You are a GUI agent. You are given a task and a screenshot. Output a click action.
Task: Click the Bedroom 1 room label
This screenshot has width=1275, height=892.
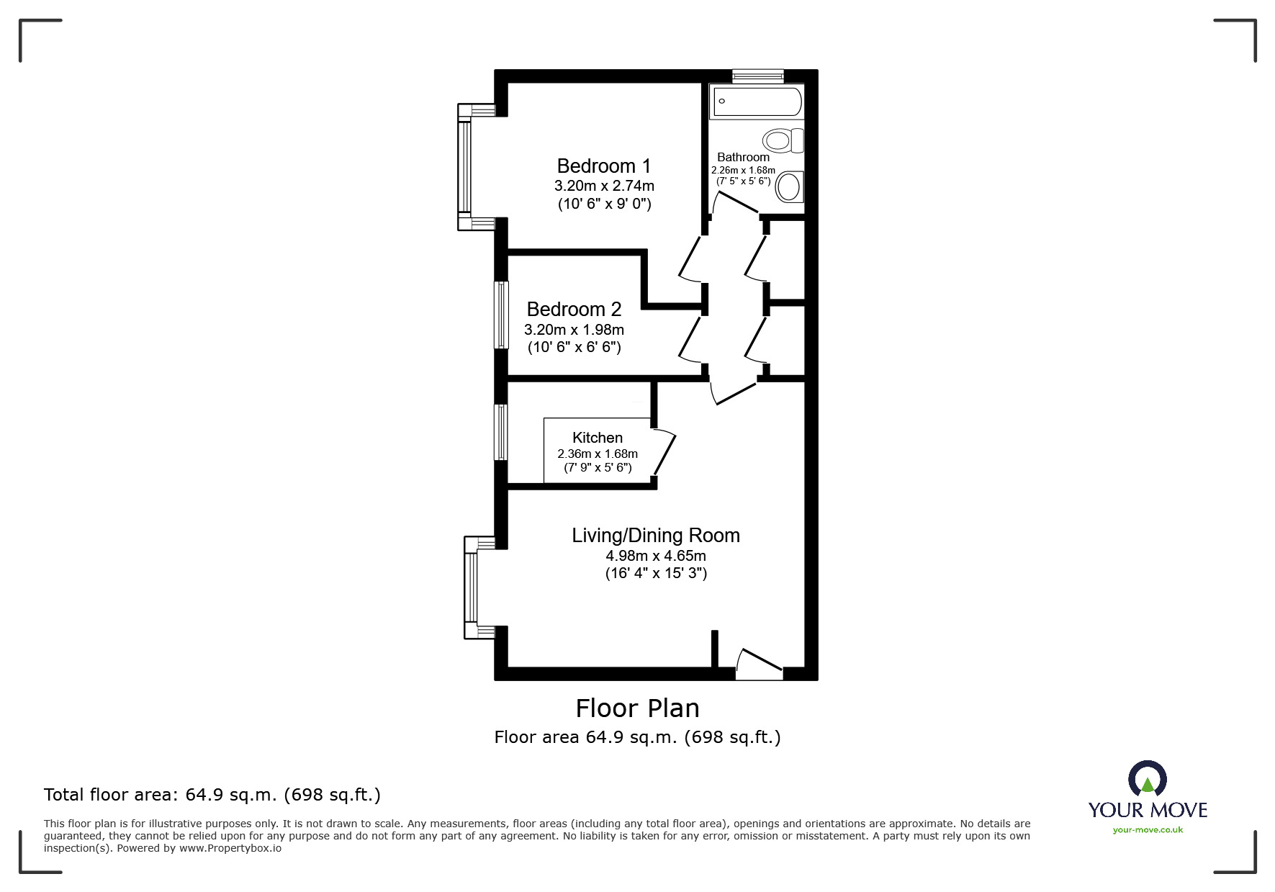(x=604, y=166)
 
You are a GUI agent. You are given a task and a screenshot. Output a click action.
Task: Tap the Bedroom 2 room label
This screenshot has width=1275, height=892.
(x=574, y=310)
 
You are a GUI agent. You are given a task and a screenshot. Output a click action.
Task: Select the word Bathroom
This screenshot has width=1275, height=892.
(x=743, y=157)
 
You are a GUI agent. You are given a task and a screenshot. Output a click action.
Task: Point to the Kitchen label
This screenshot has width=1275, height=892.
(x=598, y=438)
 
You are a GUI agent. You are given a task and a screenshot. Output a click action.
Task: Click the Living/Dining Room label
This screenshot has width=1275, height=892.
(x=656, y=536)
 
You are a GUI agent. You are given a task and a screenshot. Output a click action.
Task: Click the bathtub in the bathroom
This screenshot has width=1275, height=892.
(x=756, y=102)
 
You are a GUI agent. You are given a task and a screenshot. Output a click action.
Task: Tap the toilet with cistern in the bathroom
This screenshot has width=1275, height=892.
(x=783, y=140)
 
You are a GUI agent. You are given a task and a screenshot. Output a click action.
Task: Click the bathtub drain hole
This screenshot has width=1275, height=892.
(x=721, y=102)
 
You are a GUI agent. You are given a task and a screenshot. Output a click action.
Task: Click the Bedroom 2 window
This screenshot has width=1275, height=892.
(x=501, y=315)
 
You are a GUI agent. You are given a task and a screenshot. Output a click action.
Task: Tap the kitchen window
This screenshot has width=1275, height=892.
(x=501, y=432)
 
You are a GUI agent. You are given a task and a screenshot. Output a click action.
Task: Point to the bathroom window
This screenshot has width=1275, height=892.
(x=758, y=76)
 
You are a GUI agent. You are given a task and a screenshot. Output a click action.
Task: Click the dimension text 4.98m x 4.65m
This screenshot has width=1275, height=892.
(x=656, y=556)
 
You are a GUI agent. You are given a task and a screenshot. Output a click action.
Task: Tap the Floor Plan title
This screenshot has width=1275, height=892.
(x=638, y=708)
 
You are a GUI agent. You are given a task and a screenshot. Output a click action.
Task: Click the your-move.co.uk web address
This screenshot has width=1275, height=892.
(x=1148, y=830)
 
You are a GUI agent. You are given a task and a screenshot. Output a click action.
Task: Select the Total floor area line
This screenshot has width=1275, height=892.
(x=212, y=795)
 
